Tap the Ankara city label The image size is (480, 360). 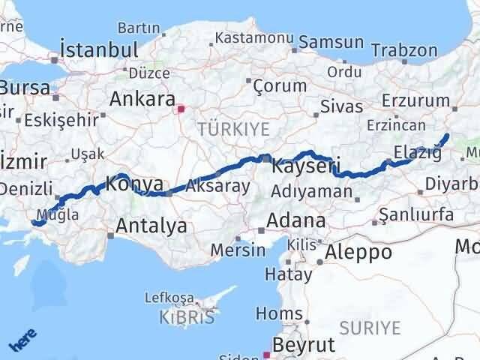(x=142, y=99)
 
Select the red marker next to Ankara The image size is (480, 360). (x=180, y=109)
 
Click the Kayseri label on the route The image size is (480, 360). (x=306, y=166)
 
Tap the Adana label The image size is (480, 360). (x=298, y=221)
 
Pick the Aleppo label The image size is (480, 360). (x=358, y=252)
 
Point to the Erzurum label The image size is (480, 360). (x=415, y=100)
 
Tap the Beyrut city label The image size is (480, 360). (x=304, y=345)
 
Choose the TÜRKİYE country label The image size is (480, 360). (x=233, y=129)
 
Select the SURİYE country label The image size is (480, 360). (x=370, y=327)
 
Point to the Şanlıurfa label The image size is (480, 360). (x=416, y=215)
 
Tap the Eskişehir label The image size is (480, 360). (x=61, y=119)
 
